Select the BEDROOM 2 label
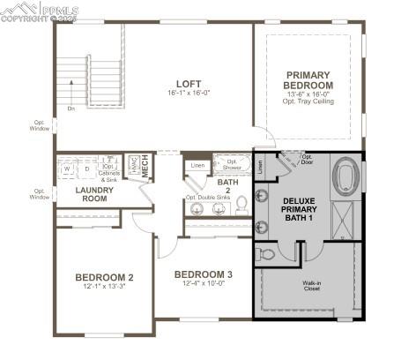point(104,276)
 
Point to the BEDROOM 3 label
point(204,274)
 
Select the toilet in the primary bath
point(267,254)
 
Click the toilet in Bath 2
point(241,207)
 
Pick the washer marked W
point(68,168)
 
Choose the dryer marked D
point(87,168)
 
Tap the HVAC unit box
point(134,165)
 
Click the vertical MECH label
point(146,169)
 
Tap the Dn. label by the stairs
point(71,109)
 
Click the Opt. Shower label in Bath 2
point(233,165)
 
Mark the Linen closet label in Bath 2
point(197,165)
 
